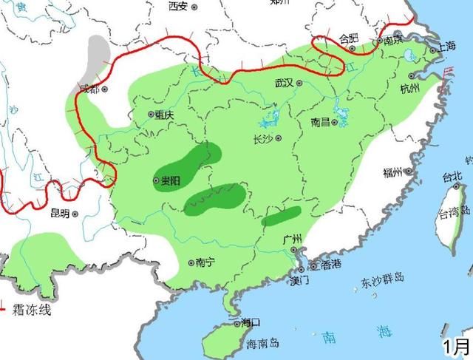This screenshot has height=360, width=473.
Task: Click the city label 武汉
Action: [x=284, y=83]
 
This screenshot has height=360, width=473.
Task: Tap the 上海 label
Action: [x=447, y=46]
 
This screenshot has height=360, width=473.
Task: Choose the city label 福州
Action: [x=392, y=173]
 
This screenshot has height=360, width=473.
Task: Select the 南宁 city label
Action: [x=207, y=262]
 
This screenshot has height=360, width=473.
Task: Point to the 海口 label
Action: [x=251, y=322]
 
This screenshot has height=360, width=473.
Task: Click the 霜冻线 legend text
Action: [x=31, y=310]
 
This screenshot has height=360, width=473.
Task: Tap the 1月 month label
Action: [x=456, y=345]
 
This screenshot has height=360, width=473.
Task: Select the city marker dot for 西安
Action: [x=194, y=6]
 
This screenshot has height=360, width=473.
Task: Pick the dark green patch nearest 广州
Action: [x=282, y=217]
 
